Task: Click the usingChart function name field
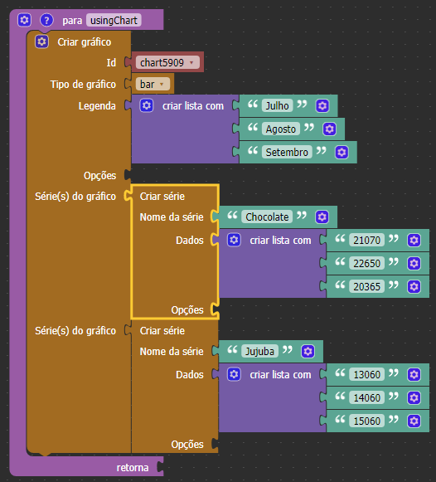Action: pos(114,20)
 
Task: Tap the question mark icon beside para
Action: pos(46,20)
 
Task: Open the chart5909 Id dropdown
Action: pos(167,62)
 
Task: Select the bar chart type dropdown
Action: pos(153,84)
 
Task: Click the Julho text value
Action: pos(277,105)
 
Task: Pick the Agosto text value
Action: pos(281,129)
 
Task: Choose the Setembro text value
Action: pos(287,152)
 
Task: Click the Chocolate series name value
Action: pos(267,217)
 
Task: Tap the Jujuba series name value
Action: pos(259,351)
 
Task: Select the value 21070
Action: pos(367,240)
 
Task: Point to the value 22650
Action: pos(367,264)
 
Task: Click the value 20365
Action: pos(367,286)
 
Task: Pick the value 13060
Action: pos(367,374)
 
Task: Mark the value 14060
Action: pos(367,397)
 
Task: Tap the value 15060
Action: pos(367,421)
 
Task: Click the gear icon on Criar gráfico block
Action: pos(41,41)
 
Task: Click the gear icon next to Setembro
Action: pos(342,152)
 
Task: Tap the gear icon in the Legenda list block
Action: pos(147,105)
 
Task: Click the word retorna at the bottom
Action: pos(133,468)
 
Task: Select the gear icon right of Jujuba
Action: pos(308,351)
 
